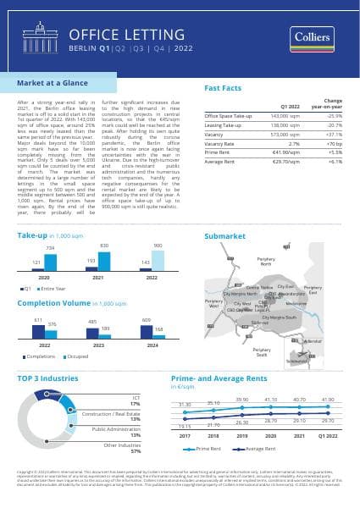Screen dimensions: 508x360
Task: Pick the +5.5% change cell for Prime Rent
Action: click(334, 152)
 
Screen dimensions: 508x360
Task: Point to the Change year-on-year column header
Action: click(333, 102)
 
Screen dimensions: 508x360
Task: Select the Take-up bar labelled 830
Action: click(105, 259)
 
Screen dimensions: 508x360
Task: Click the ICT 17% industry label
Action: click(135, 400)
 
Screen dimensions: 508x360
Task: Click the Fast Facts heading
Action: click(224, 87)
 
